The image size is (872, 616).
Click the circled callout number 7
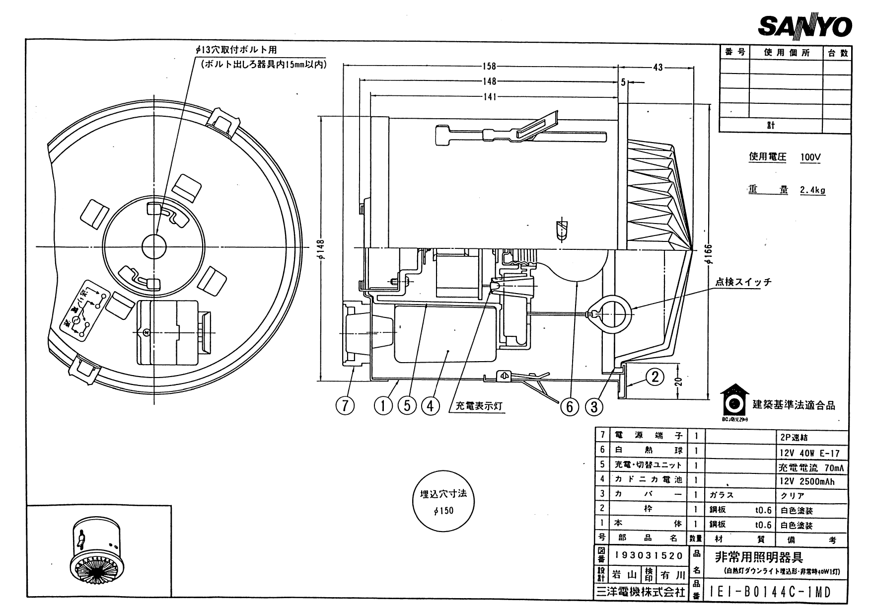click(x=345, y=406)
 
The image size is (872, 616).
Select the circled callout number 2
click(x=655, y=377)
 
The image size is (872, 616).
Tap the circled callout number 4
click(x=430, y=406)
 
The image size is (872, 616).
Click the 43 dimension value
click(x=657, y=67)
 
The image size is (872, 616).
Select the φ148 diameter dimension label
click(x=320, y=250)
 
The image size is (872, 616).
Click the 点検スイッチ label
click(x=743, y=282)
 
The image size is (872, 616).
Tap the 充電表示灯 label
click(x=479, y=406)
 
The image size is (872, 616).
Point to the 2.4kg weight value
click(x=812, y=190)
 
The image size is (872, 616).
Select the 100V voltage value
click(x=810, y=157)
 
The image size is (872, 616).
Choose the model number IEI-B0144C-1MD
click(x=770, y=592)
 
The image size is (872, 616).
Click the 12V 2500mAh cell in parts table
click(x=807, y=481)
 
